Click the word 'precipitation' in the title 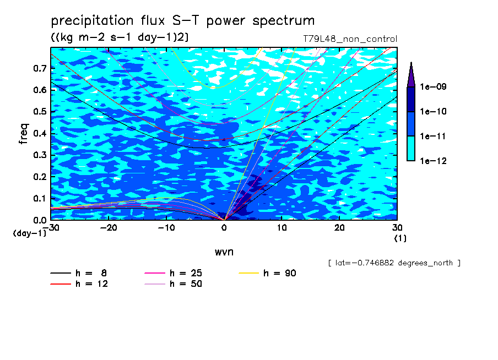pyautogui.click(x=92, y=21)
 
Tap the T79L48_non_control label pyautogui.click(x=350, y=39)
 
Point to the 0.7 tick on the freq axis pyautogui.click(x=40, y=68)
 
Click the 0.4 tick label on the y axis pyautogui.click(x=40, y=133)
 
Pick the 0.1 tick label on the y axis pyautogui.click(x=40, y=198)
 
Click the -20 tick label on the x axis pyautogui.click(x=109, y=228)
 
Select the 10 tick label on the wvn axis pyautogui.click(x=282, y=228)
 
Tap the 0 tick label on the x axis pyautogui.click(x=224, y=228)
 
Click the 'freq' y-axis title pyautogui.click(x=24, y=134)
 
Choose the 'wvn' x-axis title pyautogui.click(x=224, y=252)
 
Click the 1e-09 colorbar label pyautogui.click(x=433, y=86)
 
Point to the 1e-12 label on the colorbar pyautogui.click(x=433, y=161)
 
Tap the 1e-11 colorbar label pyautogui.click(x=433, y=136)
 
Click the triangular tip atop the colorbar pyautogui.click(x=411, y=62)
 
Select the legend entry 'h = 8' pyautogui.click(x=78, y=273)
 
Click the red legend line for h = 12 pyautogui.click(x=61, y=284)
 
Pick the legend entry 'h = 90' pyautogui.click(x=267, y=273)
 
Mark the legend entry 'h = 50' pyautogui.click(x=173, y=284)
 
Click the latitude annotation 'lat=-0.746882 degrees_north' pyautogui.click(x=394, y=263)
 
